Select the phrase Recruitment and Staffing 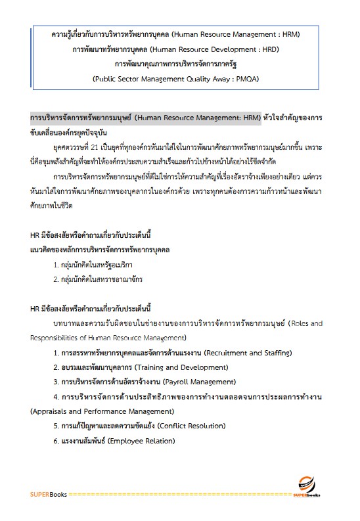pyautogui.click(x=248, y=353)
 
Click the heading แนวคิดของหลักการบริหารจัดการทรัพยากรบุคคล pyautogui.click(x=100, y=250)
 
